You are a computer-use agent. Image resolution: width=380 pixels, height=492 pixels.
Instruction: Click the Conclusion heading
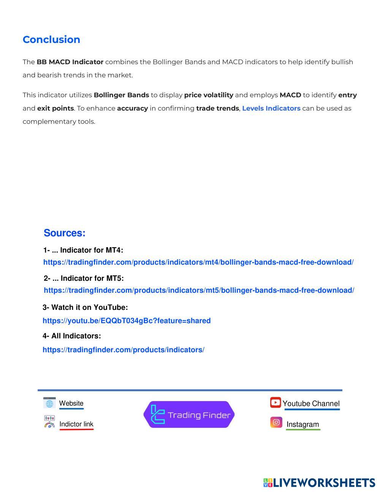pyautogui.click(x=51, y=40)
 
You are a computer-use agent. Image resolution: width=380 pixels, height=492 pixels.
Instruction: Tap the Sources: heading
pyautogui.click(x=64, y=233)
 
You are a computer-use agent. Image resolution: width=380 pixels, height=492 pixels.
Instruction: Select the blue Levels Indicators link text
pyautogui.click(x=271, y=108)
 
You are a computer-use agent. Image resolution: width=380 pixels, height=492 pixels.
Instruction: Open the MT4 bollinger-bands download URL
pyautogui.click(x=198, y=262)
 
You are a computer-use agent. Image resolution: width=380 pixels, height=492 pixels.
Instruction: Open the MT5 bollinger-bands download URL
pyautogui.click(x=199, y=290)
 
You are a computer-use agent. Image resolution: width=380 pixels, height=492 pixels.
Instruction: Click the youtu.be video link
pyautogui.click(x=127, y=321)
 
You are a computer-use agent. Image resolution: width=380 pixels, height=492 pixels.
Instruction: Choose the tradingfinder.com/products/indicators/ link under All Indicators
pyautogui.click(x=123, y=350)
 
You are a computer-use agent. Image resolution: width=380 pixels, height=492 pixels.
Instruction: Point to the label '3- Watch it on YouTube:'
pyautogui.click(x=85, y=307)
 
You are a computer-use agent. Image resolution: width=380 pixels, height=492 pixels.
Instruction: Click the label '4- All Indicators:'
pyautogui.click(x=72, y=336)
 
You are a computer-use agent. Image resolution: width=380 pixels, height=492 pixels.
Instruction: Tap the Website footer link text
pyautogui.click(x=71, y=403)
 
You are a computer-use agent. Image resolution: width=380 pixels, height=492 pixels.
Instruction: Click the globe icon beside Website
pyautogui.click(x=49, y=403)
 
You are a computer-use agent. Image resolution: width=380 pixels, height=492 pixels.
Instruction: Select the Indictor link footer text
pyautogui.click(x=76, y=424)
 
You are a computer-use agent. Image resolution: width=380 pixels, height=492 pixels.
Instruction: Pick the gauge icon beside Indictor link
pyautogui.click(x=49, y=422)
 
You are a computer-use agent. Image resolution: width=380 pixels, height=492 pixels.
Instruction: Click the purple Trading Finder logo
pyautogui.click(x=189, y=414)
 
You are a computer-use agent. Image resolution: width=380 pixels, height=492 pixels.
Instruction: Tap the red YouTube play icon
pyautogui.click(x=275, y=402)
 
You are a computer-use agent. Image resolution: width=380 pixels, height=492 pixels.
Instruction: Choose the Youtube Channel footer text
pyautogui.click(x=311, y=404)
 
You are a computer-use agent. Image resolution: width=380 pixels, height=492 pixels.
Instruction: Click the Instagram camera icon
pyautogui.click(x=276, y=422)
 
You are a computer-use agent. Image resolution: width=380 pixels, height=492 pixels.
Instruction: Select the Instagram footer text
pyautogui.click(x=302, y=425)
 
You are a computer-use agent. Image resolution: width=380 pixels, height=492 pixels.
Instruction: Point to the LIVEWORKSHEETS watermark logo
pyautogui.click(x=319, y=483)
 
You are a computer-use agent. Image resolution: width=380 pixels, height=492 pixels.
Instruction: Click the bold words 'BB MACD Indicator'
pyautogui.click(x=70, y=62)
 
